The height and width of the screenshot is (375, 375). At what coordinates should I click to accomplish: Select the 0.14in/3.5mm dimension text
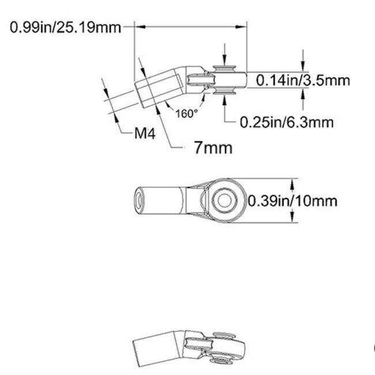tap(302, 80)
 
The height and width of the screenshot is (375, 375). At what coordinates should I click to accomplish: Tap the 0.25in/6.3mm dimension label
tap(287, 122)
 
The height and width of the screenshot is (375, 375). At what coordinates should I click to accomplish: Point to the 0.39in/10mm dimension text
tap(292, 201)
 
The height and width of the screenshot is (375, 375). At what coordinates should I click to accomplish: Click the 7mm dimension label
tap(213, 148)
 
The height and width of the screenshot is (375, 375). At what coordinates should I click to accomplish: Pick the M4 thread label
tap(145, 134)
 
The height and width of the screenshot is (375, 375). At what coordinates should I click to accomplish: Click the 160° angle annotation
tap(186, 114)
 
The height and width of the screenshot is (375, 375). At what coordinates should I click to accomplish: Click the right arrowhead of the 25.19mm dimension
tap(244, 26)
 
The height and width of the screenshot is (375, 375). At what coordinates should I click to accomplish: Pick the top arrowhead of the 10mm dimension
tap(292, 183)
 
